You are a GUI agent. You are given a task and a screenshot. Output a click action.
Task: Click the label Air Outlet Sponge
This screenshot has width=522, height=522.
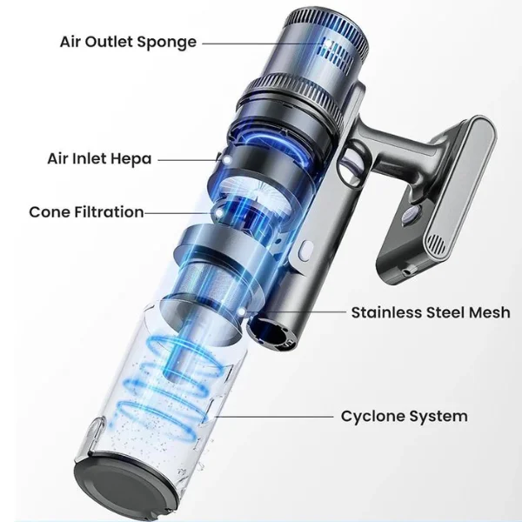tap(128, 43)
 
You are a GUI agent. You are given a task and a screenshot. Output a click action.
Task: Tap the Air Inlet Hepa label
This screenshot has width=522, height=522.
tap(99, 159)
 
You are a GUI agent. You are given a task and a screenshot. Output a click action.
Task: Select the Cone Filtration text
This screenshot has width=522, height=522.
tap(86, 211)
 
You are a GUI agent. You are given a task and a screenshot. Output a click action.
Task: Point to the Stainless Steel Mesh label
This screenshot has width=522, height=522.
tap(431, 312)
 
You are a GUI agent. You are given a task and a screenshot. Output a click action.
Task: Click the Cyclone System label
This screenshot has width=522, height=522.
tap(405, 416)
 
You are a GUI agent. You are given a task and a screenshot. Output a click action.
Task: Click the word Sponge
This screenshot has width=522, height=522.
tap(167, 43)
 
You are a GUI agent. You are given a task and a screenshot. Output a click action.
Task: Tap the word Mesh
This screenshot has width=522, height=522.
tap(489, 312)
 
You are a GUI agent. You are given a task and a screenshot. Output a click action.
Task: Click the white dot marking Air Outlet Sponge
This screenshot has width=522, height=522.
tap(328, 43)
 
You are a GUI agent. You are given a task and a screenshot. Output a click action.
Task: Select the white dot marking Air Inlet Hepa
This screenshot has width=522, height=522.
tap(228, 160)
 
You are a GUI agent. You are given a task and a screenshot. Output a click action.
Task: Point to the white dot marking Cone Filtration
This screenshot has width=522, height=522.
tap(219, 213)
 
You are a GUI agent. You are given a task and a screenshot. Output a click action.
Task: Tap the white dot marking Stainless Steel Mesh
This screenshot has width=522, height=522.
tap(242, 312)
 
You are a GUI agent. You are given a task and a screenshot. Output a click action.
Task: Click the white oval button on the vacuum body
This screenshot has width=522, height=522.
tap(306, 251)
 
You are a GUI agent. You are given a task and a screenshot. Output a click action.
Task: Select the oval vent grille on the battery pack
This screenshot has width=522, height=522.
tap(437, 244)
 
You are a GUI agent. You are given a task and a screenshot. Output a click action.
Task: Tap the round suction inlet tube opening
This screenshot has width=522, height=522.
tap(271, 335)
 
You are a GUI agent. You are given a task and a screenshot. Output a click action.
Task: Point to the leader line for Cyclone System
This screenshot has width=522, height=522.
tap(274, 417)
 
